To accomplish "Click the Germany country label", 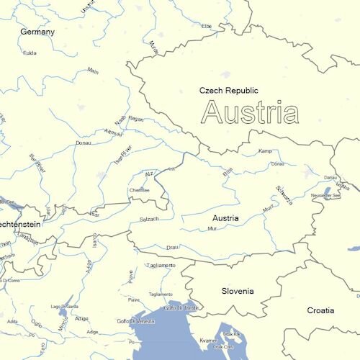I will (x=37, y=32).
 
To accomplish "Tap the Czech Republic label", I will (x=228, y=91).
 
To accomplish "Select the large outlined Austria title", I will (x=251, y=113).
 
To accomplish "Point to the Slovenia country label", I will (x=238, y=291).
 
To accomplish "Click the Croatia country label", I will (x=320, y=310).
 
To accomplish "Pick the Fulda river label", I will (x=30, y=53).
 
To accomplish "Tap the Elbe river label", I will (x=207, y=26).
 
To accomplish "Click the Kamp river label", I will (x=265, y=151).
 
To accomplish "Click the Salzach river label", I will (x=149, y=219).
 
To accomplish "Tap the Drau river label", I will (x=172, y=247).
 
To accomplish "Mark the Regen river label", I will (x=136, y=119).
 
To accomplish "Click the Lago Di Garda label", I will (x=64, y=307).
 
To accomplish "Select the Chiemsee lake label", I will (x=139, y=190).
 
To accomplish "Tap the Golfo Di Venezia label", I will (x=135, y=320).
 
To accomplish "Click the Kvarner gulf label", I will (x=208, y=340).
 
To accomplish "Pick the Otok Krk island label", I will (x=231, y=334).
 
